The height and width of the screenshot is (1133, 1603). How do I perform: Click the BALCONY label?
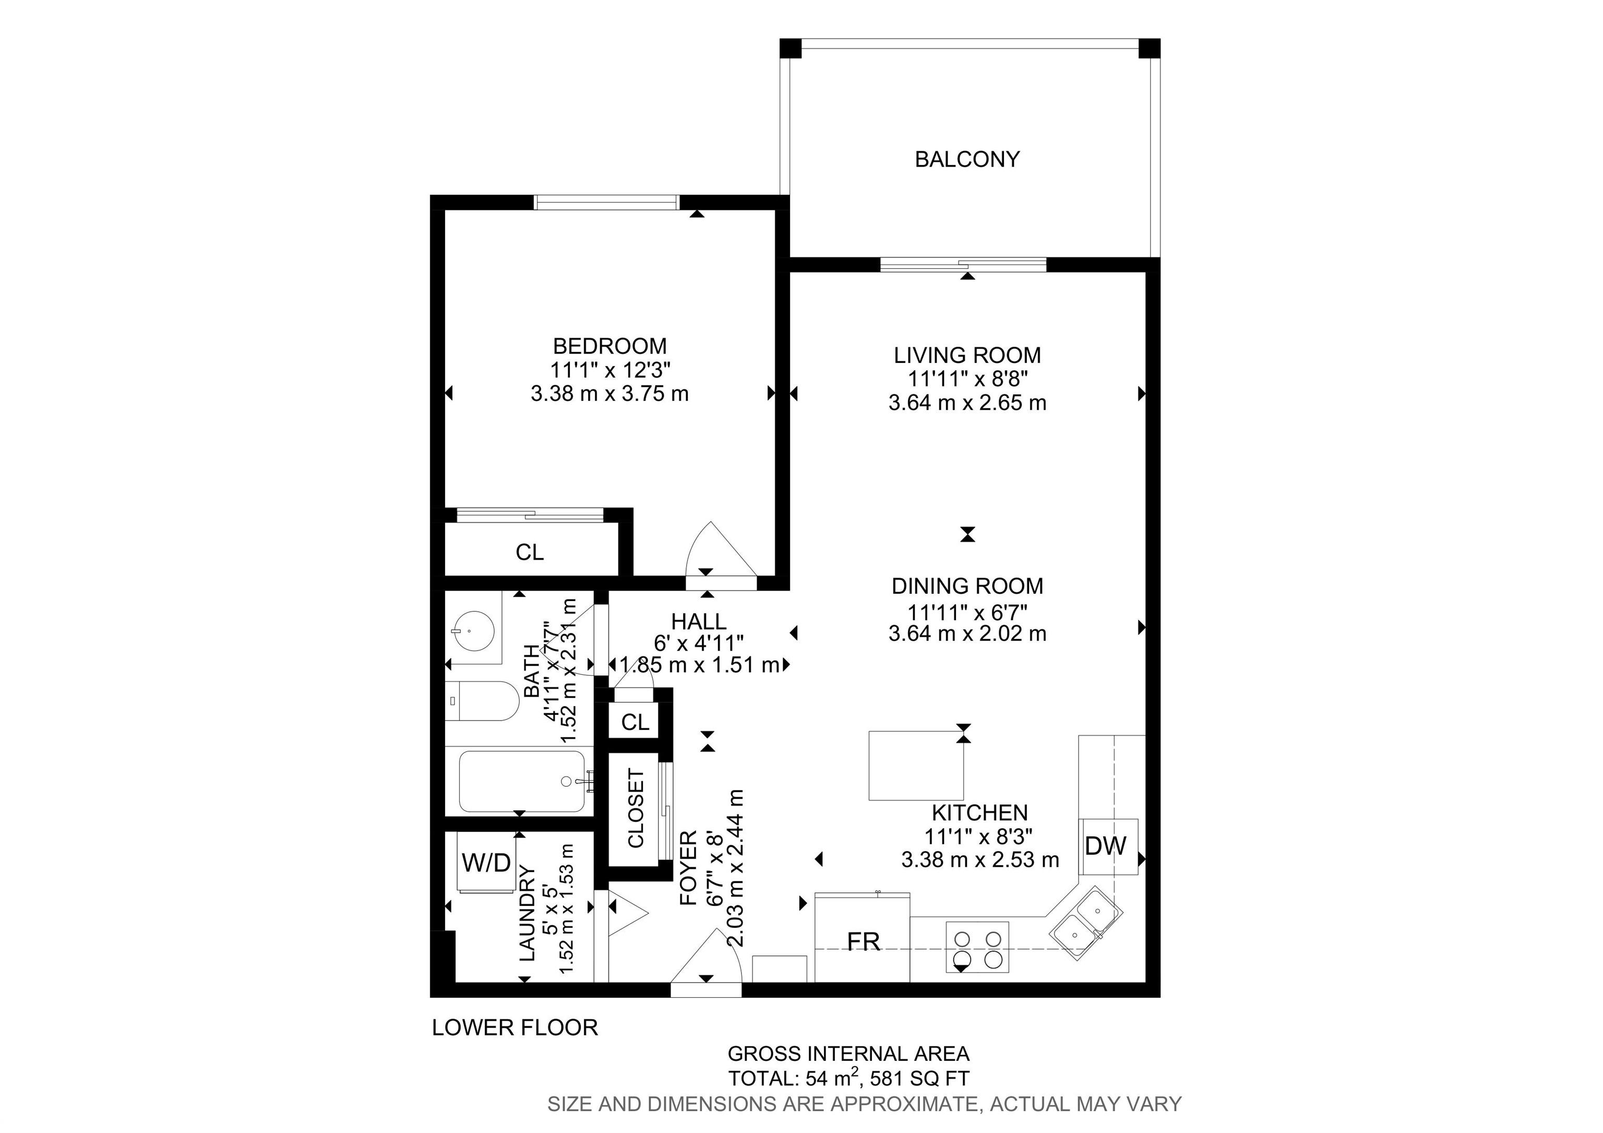click(x=967, y=159)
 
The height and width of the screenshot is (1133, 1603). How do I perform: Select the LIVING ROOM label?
click(x=967, y=355)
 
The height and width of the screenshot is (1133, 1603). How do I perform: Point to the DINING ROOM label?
click(x=967, y=586)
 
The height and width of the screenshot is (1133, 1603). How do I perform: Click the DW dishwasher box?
click(x=1109, y=846)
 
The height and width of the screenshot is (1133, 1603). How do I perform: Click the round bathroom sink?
click(x=473, y=629)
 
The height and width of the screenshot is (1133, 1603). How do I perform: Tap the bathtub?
click(x=522, y=781)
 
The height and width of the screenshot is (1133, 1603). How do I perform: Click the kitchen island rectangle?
click(x=916, y=765)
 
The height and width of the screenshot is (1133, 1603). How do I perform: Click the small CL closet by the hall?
click(x=635, y=722)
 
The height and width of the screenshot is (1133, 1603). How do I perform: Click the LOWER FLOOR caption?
click(x=515, y=1028)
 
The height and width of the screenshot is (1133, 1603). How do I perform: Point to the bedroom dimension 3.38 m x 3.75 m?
click(x=609, y=394)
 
